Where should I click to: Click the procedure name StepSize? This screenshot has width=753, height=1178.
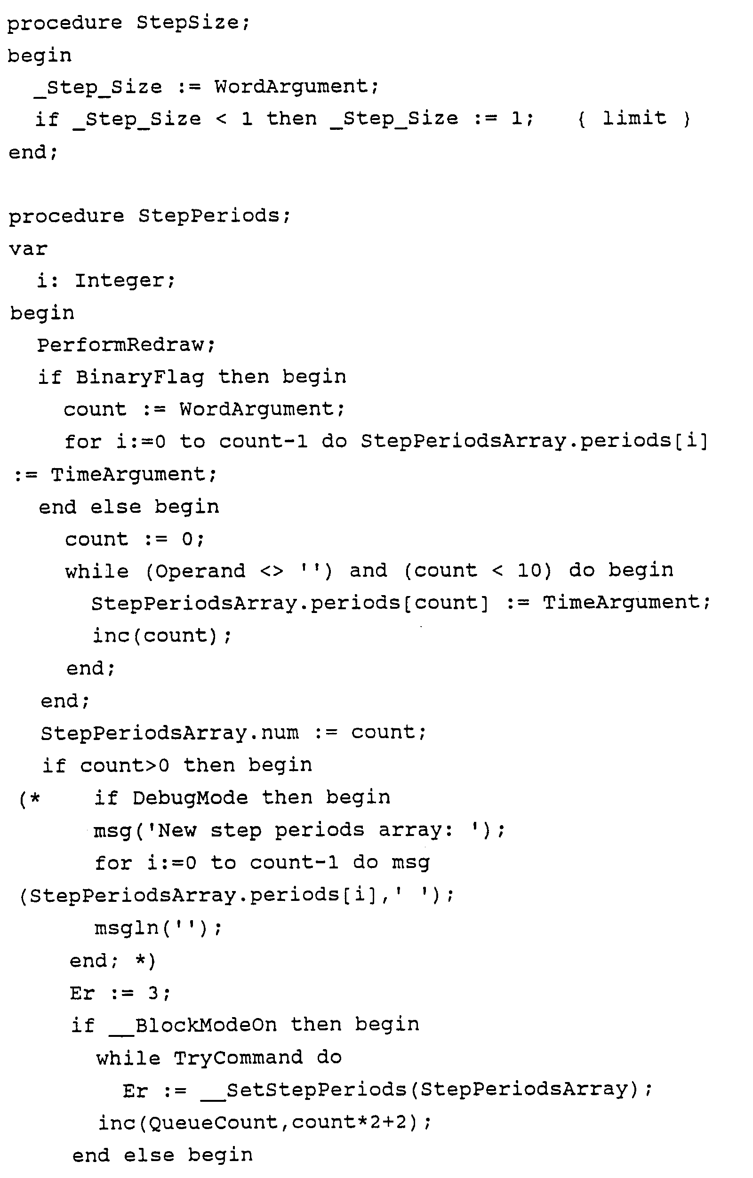click(x=193, y=23)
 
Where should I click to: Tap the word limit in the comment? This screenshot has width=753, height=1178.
click(x=634, y=118)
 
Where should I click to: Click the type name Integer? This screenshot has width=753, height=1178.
click(x=124, y=280)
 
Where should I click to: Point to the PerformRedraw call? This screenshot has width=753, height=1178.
click(x=126, y=345)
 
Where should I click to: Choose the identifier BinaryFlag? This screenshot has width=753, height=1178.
click(x=140, y=377)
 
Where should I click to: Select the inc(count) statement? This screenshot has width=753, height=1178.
click(x=161, y=636)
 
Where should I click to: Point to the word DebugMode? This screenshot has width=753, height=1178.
click(x=190, y=798)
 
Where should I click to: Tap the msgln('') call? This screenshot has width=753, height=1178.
click(x=158, y=928)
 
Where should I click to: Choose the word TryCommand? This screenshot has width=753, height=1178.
click(x=238, y=1058)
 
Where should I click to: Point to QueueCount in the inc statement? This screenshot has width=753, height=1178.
click(x=213, y=1122)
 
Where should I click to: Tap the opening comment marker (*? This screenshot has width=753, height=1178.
click(x=29, y=799)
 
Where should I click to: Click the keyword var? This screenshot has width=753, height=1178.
click(x=28, y=248)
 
